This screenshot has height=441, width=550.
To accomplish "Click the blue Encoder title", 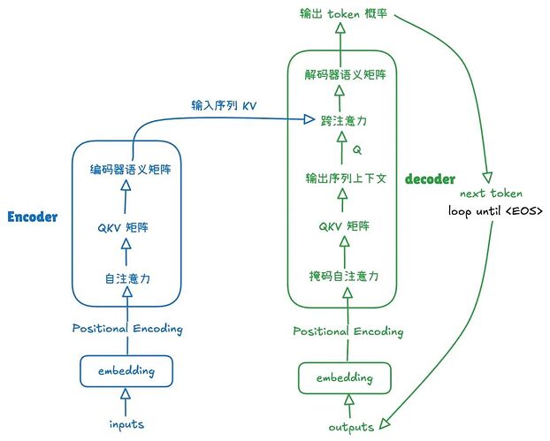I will click(33, 217).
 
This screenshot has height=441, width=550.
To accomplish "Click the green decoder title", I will click(430, 179).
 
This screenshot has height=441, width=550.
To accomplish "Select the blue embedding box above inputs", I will click(126, 370).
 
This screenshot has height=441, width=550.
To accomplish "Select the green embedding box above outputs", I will click(345, 378).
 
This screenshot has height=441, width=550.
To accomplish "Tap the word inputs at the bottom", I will click(126, 424).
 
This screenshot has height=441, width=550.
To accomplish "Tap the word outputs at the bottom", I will click(351, 428).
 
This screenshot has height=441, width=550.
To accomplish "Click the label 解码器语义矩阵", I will click(345, 76).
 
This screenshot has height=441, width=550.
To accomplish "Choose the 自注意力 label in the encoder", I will click(126, 279).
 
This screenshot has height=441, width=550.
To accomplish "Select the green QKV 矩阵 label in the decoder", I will click(344, 225).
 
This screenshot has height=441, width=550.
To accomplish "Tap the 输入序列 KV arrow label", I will click(225, 104).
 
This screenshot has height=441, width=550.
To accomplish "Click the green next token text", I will click(491, 194).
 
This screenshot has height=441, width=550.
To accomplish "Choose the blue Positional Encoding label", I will click(127, 329).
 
